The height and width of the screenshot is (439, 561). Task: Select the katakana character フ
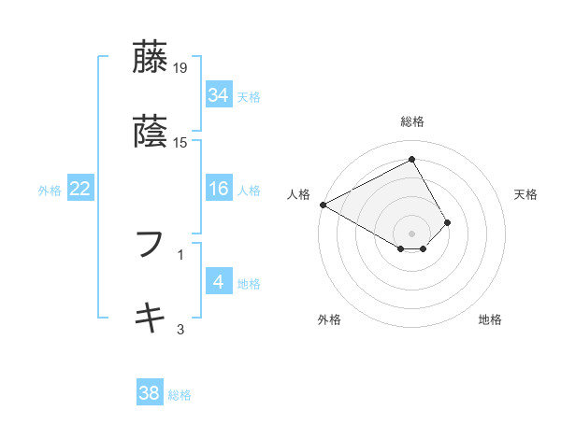[x=151, y=245]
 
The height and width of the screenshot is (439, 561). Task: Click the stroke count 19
[x=181, y=68]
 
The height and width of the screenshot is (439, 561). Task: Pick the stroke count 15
[x=181, y=143]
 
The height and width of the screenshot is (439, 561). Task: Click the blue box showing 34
[x=218, y=95]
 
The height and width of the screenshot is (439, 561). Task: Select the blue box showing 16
[x=218, y=190]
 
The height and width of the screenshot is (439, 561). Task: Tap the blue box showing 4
[x=218, y=283]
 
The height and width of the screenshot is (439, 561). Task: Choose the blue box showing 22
[x=79, y=190]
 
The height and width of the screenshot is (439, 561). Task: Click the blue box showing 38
[x=149, y=394]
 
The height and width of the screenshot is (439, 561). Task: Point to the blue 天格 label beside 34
[x=249, y=96]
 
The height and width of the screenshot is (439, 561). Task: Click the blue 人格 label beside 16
[x=249, y=191]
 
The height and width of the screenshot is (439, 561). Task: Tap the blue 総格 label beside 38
[x=180, y=395]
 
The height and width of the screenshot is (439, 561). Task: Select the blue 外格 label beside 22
[x=50, y=191]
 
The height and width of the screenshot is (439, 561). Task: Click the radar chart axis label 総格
[x=411, y=121]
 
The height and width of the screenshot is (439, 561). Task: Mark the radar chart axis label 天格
[x=525, y=194]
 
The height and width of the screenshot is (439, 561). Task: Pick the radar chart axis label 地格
[x=490, y=319]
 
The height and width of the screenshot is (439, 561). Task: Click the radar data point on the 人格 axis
[x=323, y=205]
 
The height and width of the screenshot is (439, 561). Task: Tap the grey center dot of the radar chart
[x=411, y=233]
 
